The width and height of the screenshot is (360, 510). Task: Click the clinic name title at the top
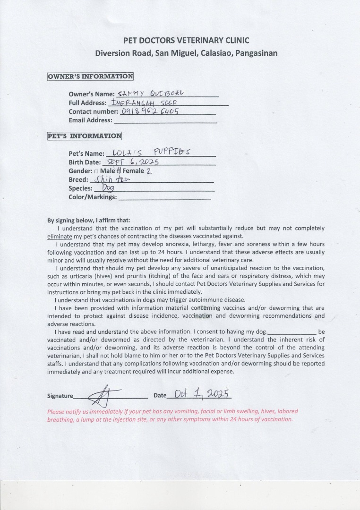186,41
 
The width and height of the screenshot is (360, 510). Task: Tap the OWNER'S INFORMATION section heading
90,76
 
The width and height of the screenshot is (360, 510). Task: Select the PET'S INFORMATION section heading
85,136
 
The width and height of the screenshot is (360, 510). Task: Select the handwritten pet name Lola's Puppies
148,152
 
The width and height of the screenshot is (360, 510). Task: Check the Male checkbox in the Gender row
96,171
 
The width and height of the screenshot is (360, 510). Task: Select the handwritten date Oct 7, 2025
203,393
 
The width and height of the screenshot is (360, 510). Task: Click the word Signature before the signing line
60,396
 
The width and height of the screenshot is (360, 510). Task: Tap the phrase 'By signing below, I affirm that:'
89,220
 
